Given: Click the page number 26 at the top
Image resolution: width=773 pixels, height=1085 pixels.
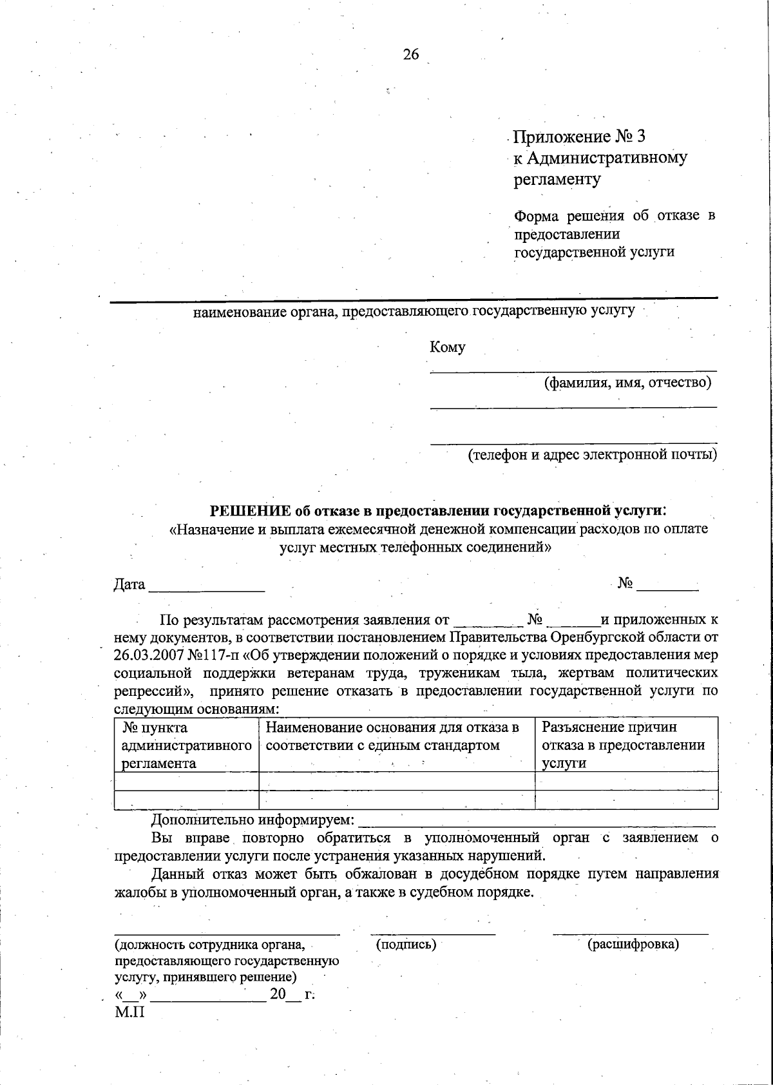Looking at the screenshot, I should [x=411, y=55].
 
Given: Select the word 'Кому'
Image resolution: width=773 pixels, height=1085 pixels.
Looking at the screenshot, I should [x=447, y=347].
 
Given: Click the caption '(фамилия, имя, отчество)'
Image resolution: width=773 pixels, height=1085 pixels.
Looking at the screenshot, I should [x=627, y=383].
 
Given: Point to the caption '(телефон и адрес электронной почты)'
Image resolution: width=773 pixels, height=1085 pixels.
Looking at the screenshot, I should [x=592, y=454].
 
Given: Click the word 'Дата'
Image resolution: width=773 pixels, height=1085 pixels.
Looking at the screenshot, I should [x=129, y=584].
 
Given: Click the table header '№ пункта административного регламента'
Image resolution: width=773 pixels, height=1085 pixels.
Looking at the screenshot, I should [x=186, y=745].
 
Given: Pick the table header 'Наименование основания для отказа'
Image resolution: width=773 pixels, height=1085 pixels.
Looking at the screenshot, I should [x=392, y=736].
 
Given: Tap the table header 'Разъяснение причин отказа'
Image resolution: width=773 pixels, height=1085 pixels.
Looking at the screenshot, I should [x=623, y=745].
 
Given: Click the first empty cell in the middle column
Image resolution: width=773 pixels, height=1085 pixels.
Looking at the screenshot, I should [x=396, y=781].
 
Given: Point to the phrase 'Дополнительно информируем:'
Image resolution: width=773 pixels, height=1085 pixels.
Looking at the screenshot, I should [x=253, y=820].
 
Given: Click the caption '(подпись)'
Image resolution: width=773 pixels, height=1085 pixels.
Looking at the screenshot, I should [x=406, y=945].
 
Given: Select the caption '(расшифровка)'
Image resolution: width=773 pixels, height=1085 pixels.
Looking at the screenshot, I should [x=633, y=945].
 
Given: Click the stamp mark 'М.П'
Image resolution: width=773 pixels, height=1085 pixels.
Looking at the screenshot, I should [x=129, y=1012].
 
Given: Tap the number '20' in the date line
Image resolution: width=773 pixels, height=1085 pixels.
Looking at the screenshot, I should [x=278, y=994].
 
